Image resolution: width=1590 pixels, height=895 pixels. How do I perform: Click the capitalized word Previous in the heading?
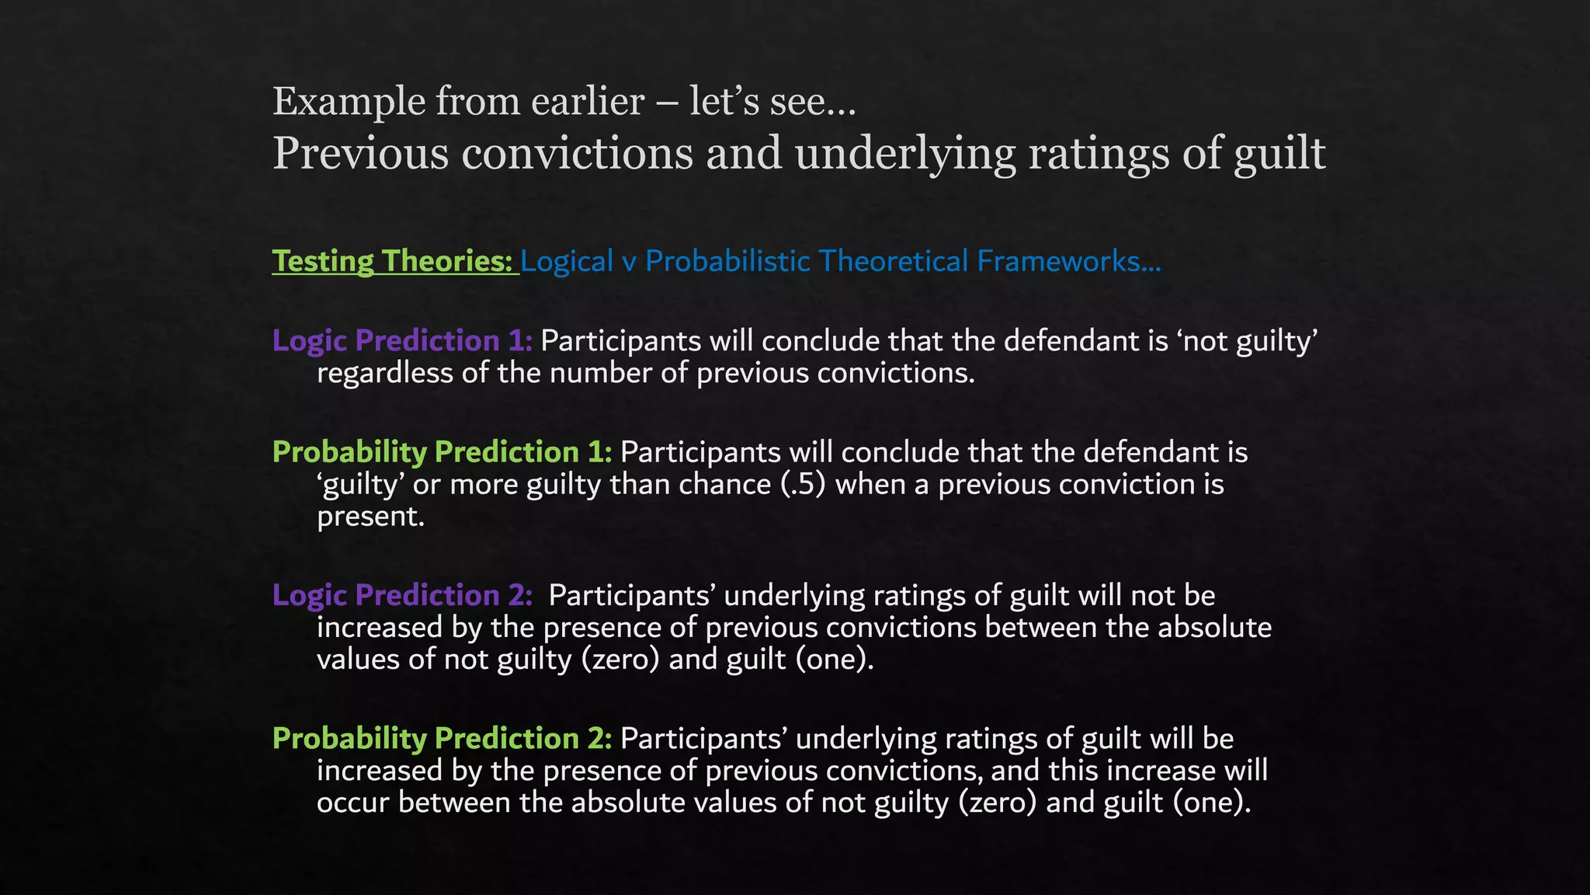360,152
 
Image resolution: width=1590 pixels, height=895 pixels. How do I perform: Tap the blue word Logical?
567,261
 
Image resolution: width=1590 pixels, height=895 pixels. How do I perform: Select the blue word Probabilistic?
727,261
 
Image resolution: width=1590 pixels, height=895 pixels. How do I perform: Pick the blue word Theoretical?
894,261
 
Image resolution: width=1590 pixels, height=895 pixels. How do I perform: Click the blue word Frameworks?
1068,261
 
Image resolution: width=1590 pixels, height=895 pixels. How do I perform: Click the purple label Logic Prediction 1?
402,341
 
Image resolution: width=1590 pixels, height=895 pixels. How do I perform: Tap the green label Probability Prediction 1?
442,452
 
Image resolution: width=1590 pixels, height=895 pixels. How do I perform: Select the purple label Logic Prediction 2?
402,595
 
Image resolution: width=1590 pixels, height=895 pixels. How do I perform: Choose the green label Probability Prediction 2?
442,738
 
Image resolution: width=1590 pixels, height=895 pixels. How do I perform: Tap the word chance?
725,485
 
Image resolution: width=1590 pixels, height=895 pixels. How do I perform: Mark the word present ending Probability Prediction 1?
370,517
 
